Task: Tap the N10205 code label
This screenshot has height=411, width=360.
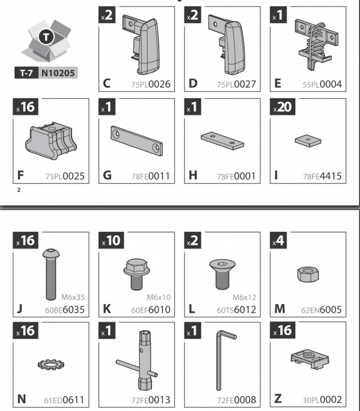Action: click(58, 72)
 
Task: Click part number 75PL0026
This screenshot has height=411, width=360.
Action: click(151, 84)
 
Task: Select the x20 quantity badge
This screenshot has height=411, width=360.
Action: click(282, 107)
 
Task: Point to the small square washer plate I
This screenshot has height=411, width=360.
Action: click(308, 141)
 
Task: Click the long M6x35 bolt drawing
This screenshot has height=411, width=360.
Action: click(51, 274)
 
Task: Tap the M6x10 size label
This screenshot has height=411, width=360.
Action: click(159, 297)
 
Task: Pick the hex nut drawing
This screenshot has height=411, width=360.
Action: click(308, 274)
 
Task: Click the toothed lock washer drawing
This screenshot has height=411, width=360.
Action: click(51, 364)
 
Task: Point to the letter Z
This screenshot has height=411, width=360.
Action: click(278, 399)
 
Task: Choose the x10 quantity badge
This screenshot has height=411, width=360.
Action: click(111, 240)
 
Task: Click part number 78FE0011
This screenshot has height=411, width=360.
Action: click(150, 176)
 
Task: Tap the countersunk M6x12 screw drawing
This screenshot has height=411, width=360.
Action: click(222, 274)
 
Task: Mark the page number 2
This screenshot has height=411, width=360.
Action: click(18, 190)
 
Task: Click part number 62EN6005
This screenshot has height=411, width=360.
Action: click(321, 310)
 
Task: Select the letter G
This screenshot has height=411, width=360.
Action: click(107, 175)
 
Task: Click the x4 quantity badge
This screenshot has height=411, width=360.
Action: click(278, 240)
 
